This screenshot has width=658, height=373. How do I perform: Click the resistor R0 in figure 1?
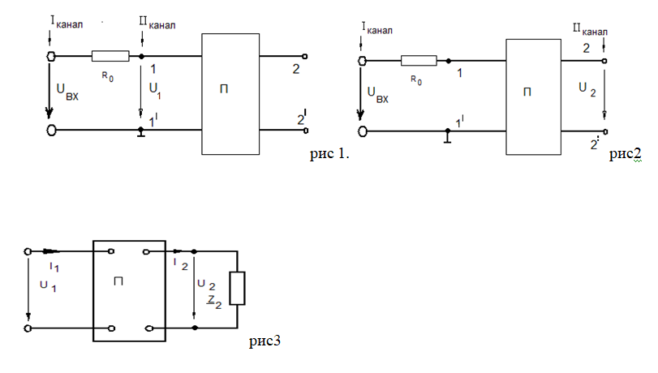click(110, 56)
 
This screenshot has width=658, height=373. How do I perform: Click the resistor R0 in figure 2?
click(419, 61)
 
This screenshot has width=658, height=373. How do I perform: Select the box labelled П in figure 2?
click(528, 96)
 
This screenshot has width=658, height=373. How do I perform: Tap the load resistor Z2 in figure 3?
click(237, 288)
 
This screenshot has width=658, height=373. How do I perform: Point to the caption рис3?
click(264, 341)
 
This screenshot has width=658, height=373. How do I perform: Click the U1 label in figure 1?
click(155, 92)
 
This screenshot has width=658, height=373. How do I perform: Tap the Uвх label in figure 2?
click(378, 96)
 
